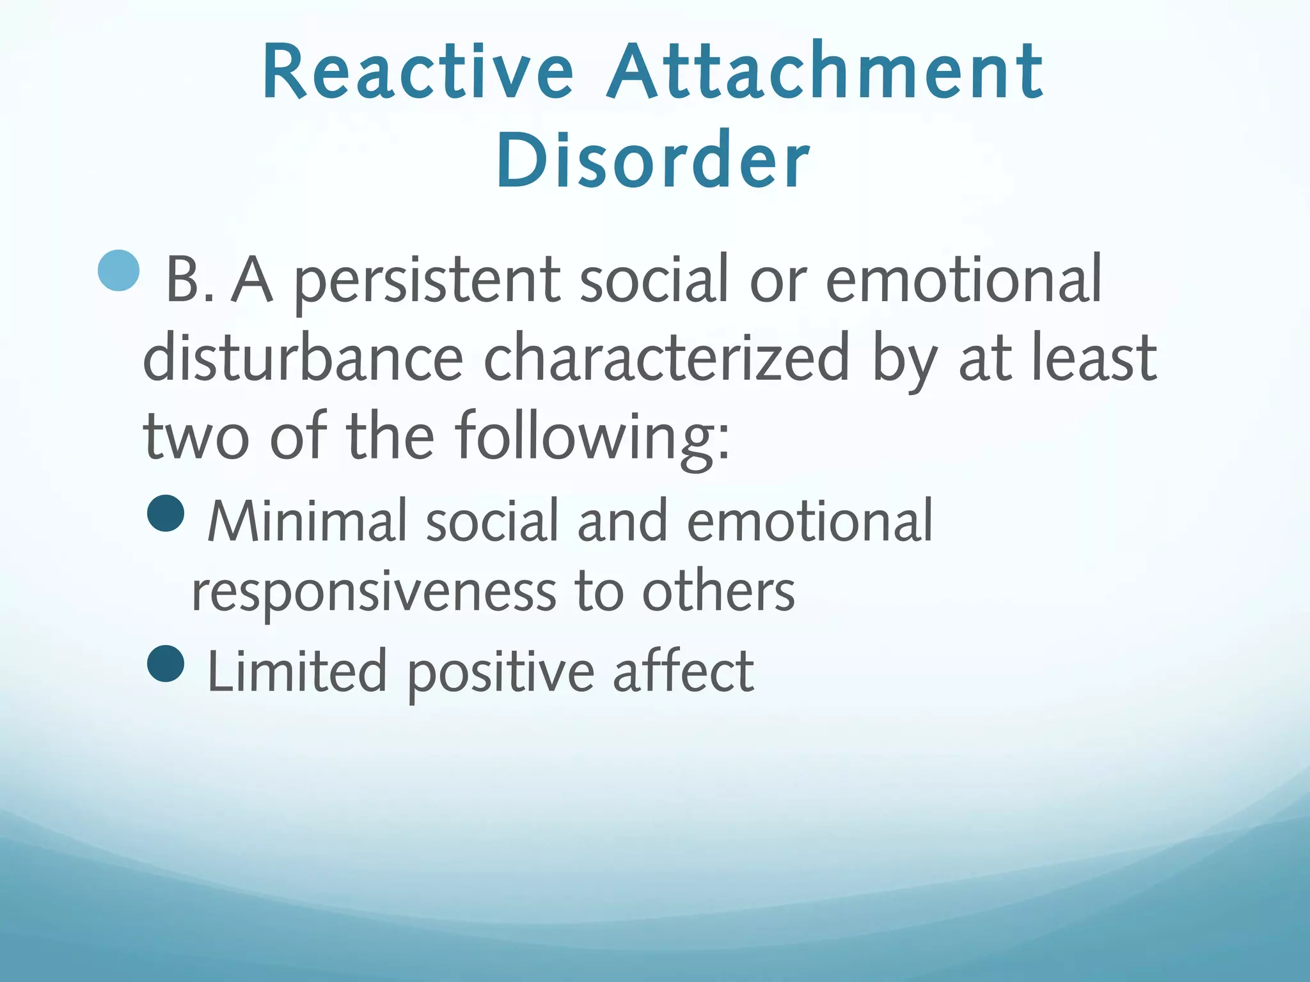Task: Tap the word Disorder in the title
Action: (653, 160)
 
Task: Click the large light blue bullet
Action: (119, 270)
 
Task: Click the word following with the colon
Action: (592, 438)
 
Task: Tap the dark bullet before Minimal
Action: (166, 513)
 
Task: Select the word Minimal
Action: (308, 521)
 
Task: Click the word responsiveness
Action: (374, 591)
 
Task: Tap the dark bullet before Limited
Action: (166, 664)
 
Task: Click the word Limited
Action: (297, 671)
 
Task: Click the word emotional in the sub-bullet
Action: (809, 521)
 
